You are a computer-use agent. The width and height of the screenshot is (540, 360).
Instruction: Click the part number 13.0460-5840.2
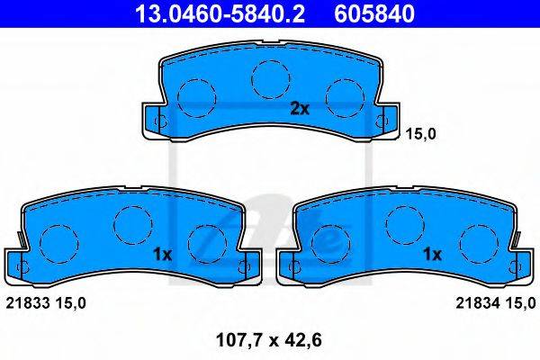coord(220,13)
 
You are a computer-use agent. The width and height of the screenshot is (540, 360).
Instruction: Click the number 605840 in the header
coord(374,13)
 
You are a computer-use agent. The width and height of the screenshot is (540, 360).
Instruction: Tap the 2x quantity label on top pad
coord(300,109)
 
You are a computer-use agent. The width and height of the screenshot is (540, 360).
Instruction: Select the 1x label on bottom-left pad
coord(162,255)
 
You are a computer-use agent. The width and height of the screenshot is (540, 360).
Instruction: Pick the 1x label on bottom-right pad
coord(432,255)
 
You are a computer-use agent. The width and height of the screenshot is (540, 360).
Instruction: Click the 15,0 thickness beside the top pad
coord(420,134)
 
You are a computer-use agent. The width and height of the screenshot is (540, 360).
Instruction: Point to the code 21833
coord(29,303)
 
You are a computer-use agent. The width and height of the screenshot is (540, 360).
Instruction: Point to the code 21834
coord(478,303)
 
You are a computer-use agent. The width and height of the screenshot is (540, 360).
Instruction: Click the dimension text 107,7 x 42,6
coord(268,340)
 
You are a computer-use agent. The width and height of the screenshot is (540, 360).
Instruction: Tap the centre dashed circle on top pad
coord(271,79)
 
